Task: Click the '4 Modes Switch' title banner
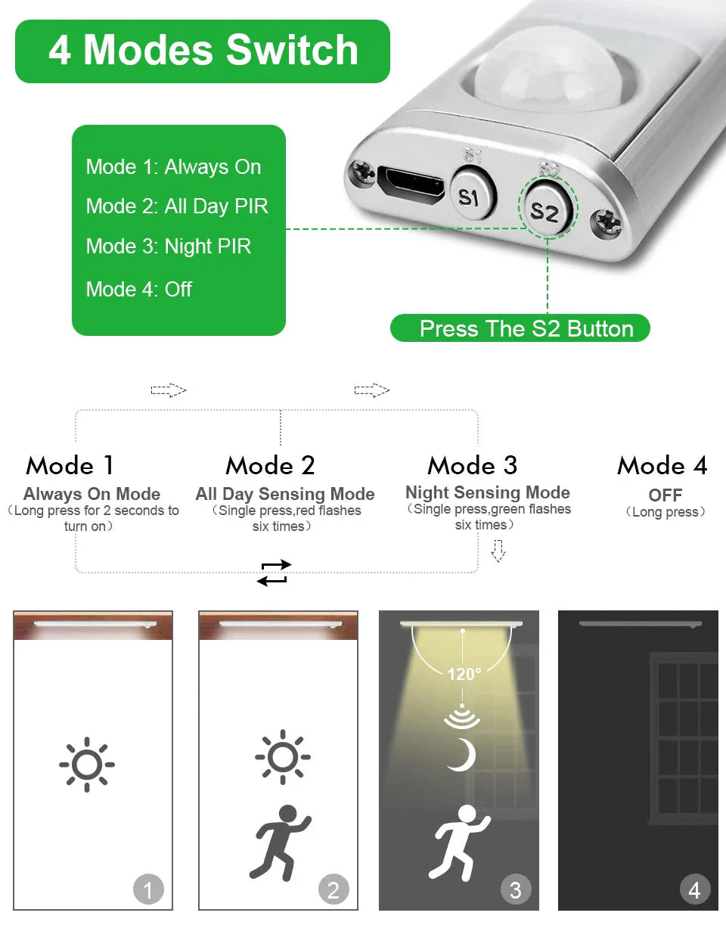tap(203, 51)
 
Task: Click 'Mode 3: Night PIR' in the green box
tap(169, 247)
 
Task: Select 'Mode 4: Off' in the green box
tap(139, 289)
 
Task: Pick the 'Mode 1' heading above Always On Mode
tap(70, 465)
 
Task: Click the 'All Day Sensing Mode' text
tap(285, 494)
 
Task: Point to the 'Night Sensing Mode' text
tap(488, 492)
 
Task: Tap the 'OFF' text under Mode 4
tap(665, 495)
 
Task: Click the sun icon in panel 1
tap(87, 764)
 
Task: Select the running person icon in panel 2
tap(281, 842)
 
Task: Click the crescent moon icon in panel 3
tap(461, 755)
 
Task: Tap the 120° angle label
tap(464, 674)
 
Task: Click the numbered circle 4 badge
tap(694, 889)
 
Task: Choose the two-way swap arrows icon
tap(274, 573)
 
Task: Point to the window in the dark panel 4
tap(684, 739)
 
